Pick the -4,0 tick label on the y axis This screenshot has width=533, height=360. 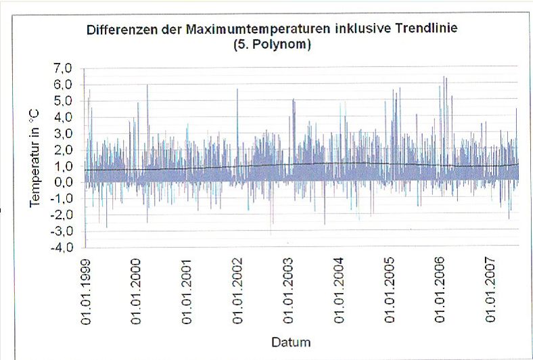tap(68, 247)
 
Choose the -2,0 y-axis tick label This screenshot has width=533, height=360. tap(68, 215)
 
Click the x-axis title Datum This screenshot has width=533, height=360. tap(291, 342)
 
